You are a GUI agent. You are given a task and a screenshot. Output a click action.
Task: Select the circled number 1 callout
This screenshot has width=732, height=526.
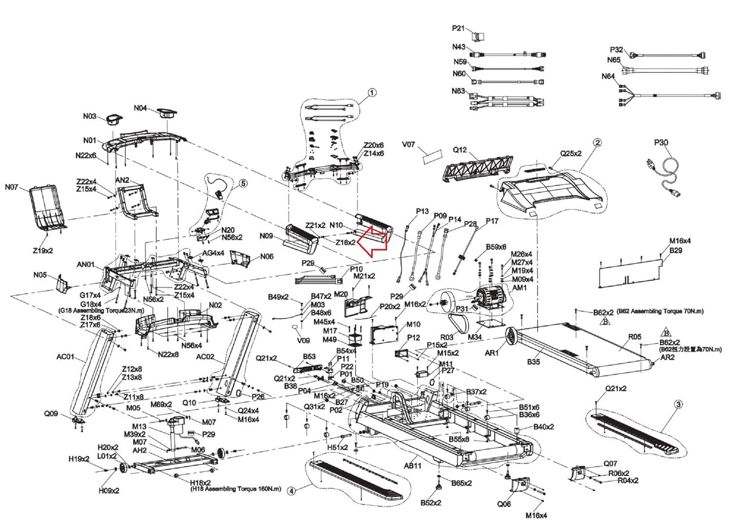click(x=372, y=93)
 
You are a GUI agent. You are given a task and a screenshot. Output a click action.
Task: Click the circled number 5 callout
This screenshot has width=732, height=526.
click(x=243, y=183)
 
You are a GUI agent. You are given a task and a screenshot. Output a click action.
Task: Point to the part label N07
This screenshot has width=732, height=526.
click(x=11, y=187)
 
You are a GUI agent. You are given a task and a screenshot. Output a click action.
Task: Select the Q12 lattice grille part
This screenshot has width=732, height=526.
click(x=477, y=168)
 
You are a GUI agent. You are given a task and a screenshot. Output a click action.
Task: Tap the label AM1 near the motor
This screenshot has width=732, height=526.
click(x=519, y=287)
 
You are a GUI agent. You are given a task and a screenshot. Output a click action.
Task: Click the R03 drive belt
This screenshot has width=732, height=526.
click(x=459, y=323)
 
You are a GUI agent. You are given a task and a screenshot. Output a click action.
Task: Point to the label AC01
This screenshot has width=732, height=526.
click(x=66, y=356)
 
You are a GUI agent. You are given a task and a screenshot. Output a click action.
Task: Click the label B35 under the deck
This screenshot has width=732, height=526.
click(x=533, y=362)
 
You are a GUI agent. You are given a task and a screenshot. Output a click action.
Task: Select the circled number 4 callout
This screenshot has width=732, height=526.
click(x=291, y=491)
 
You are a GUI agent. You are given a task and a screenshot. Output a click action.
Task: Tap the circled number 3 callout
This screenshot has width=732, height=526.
click(x=678, y=405)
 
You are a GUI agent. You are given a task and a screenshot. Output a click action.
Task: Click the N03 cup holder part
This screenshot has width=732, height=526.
click(x=114, y=119)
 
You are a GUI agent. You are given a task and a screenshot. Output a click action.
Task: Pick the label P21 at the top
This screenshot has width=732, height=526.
click(x=459, y=28)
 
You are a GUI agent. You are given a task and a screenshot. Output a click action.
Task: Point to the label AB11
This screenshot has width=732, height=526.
click(x=413, y=465)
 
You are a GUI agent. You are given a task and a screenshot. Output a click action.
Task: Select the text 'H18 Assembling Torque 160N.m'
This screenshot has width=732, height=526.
click(x=235, y=489)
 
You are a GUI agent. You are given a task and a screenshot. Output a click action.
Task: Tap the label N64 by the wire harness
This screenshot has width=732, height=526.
click(x=608, y=76)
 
